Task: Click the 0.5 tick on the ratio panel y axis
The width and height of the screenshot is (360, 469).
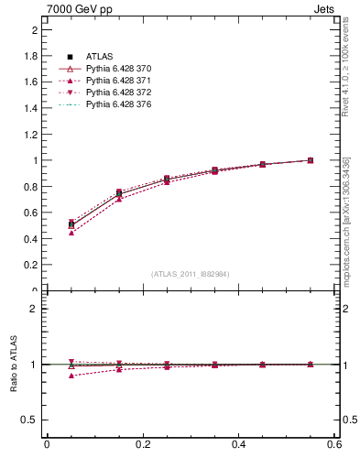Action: (31, 420)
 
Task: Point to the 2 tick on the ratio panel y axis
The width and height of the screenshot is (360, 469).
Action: (34, 309)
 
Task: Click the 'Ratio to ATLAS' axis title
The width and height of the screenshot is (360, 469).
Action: (14, 365)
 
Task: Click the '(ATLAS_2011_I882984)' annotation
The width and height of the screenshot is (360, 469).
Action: (191, 274)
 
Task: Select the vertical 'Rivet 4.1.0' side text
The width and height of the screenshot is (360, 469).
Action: (345, 77)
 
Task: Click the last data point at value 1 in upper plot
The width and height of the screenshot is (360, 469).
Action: (311, 160)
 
